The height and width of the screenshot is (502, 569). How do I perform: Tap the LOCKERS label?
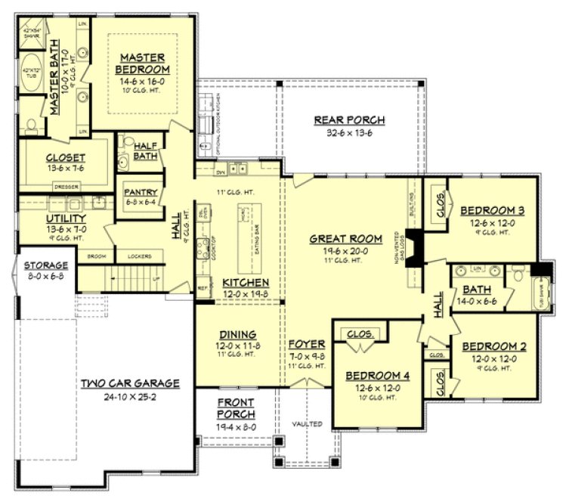tap(141, 256)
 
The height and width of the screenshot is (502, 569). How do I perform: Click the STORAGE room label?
tap(45, 265)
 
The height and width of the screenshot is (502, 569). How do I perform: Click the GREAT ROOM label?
tap(346, 239)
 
